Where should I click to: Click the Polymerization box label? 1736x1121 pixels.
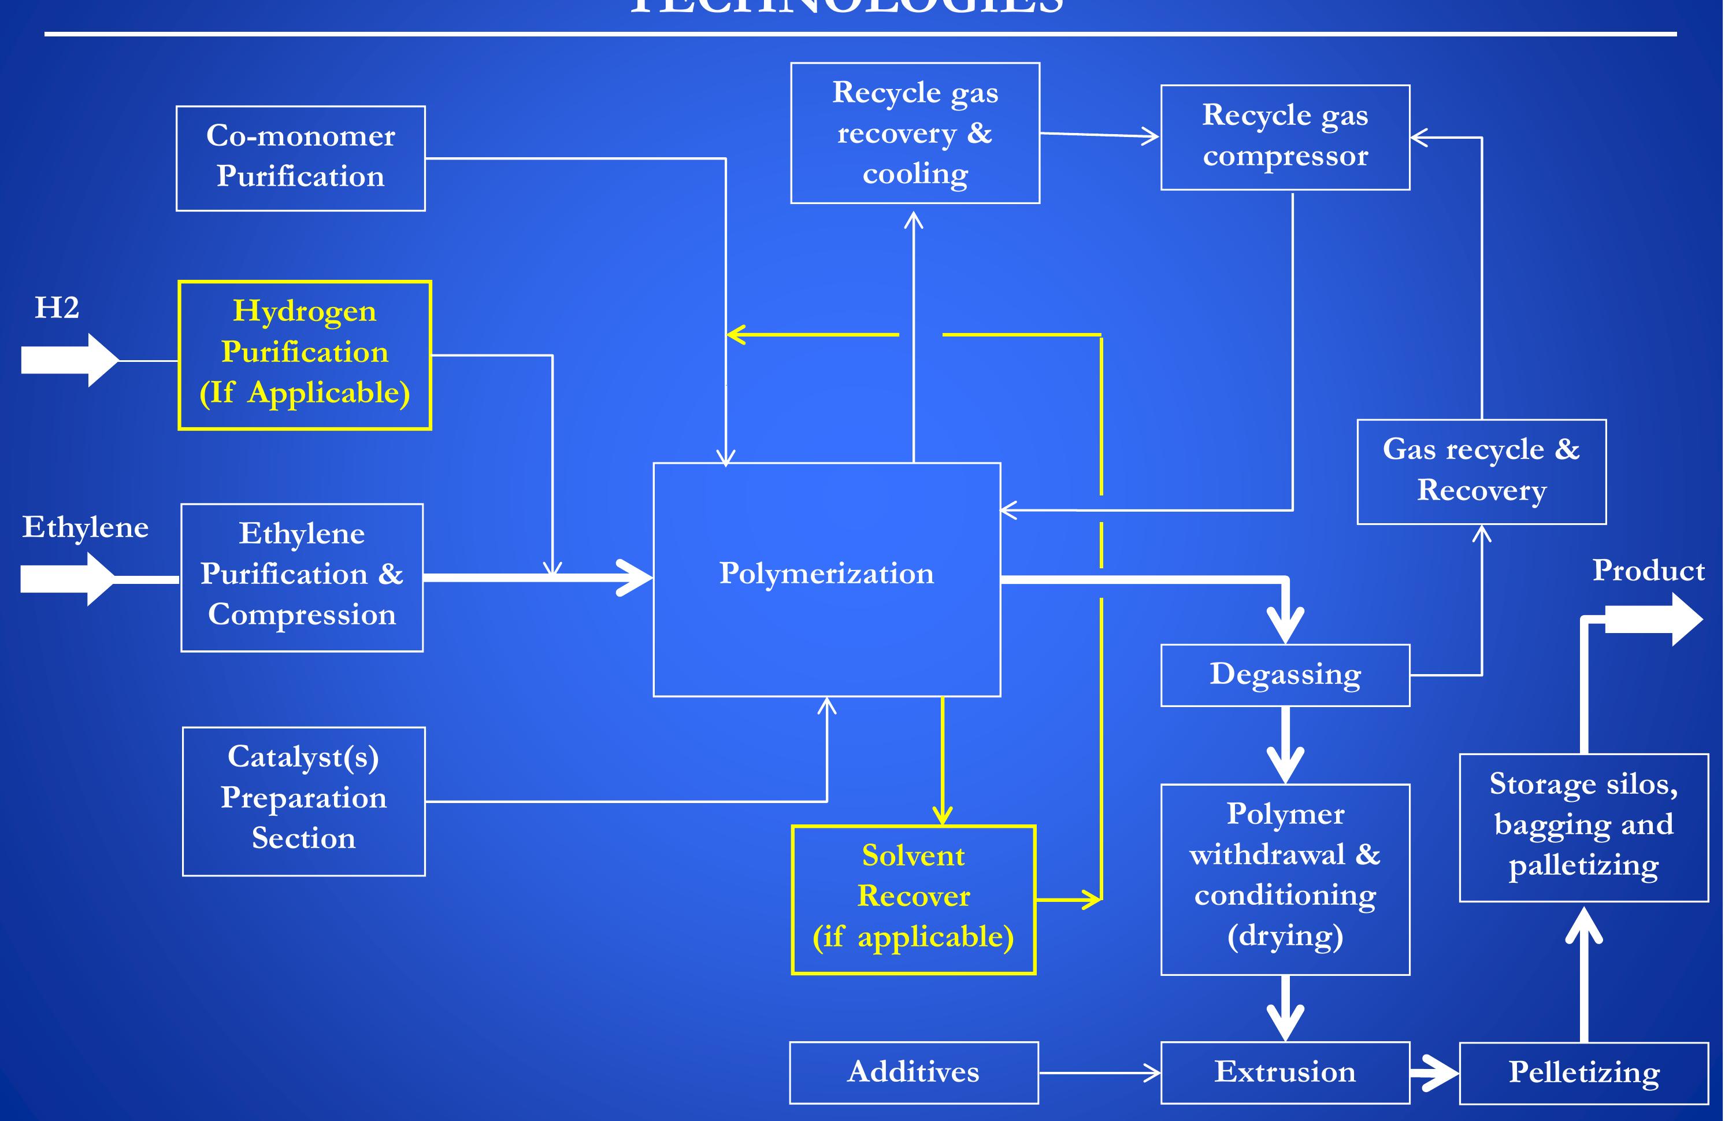826,574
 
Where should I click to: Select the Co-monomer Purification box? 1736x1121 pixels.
301,158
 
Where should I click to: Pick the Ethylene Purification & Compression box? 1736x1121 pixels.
301,576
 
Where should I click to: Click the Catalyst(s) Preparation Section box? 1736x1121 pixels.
303,801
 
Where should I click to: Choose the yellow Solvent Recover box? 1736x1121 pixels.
913,899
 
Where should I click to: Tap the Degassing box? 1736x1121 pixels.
1284,675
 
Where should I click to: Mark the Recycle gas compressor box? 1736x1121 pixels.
1284,137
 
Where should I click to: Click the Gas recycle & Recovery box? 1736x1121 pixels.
1481,471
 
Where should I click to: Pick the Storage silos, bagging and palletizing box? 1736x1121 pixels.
1583,827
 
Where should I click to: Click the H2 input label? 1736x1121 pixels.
57,308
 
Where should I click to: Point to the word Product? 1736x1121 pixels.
1648,571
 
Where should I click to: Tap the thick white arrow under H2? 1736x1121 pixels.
69,360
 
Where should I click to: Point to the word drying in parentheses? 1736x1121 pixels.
1285,936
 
